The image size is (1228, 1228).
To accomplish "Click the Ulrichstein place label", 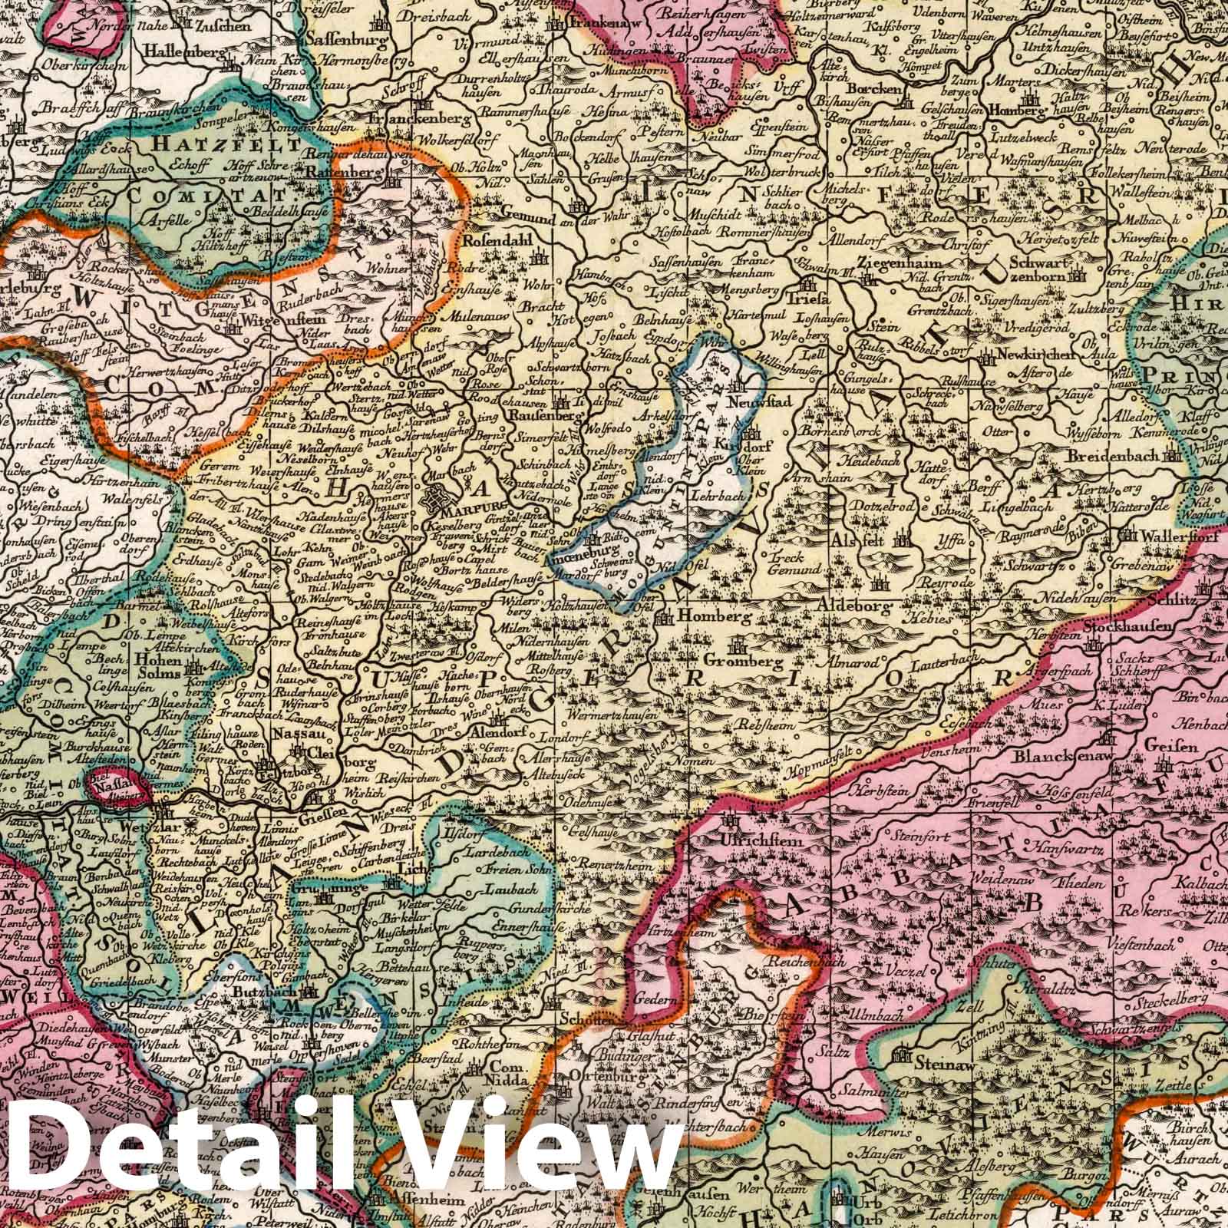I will point(763,840).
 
